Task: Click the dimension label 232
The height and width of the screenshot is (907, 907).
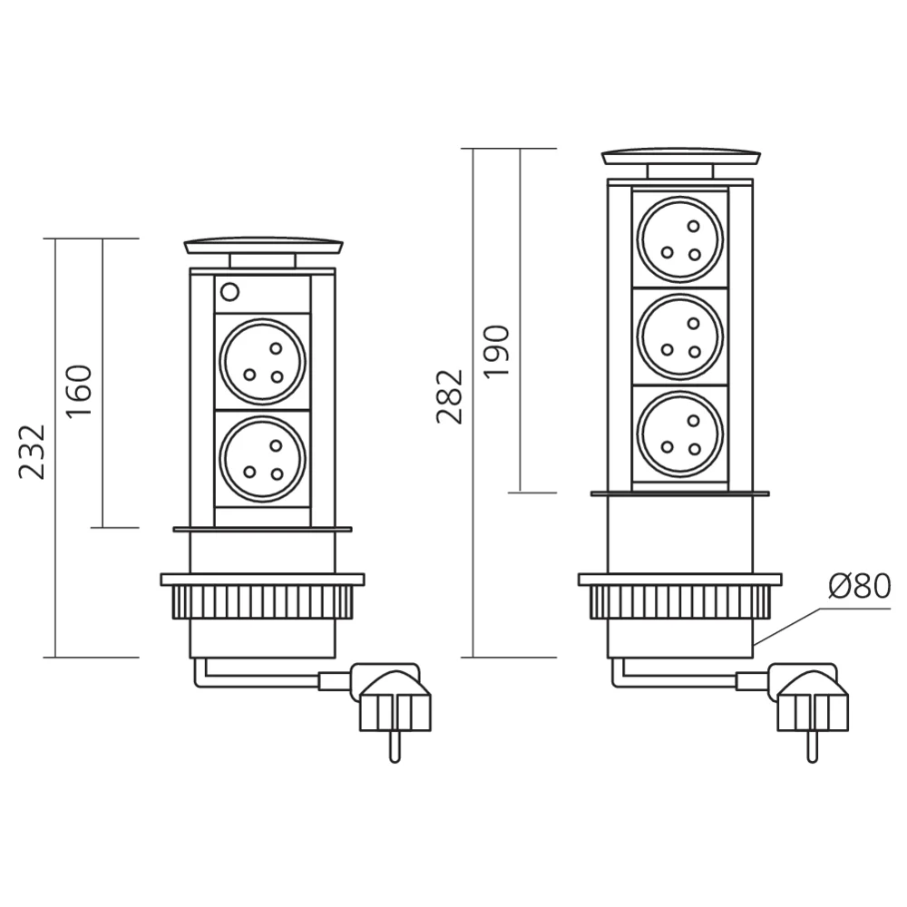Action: coord(33,451)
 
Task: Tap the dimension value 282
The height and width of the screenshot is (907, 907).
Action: coord(450,396)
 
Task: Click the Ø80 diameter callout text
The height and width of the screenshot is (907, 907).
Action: coord(859,587)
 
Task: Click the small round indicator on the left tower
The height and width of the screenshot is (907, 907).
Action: coord(229,292)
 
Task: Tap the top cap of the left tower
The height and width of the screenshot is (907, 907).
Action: coord(263,246)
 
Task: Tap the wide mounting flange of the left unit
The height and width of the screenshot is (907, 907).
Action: coord(263,579)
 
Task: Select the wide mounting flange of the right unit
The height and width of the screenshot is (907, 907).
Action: coord(679,579)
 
